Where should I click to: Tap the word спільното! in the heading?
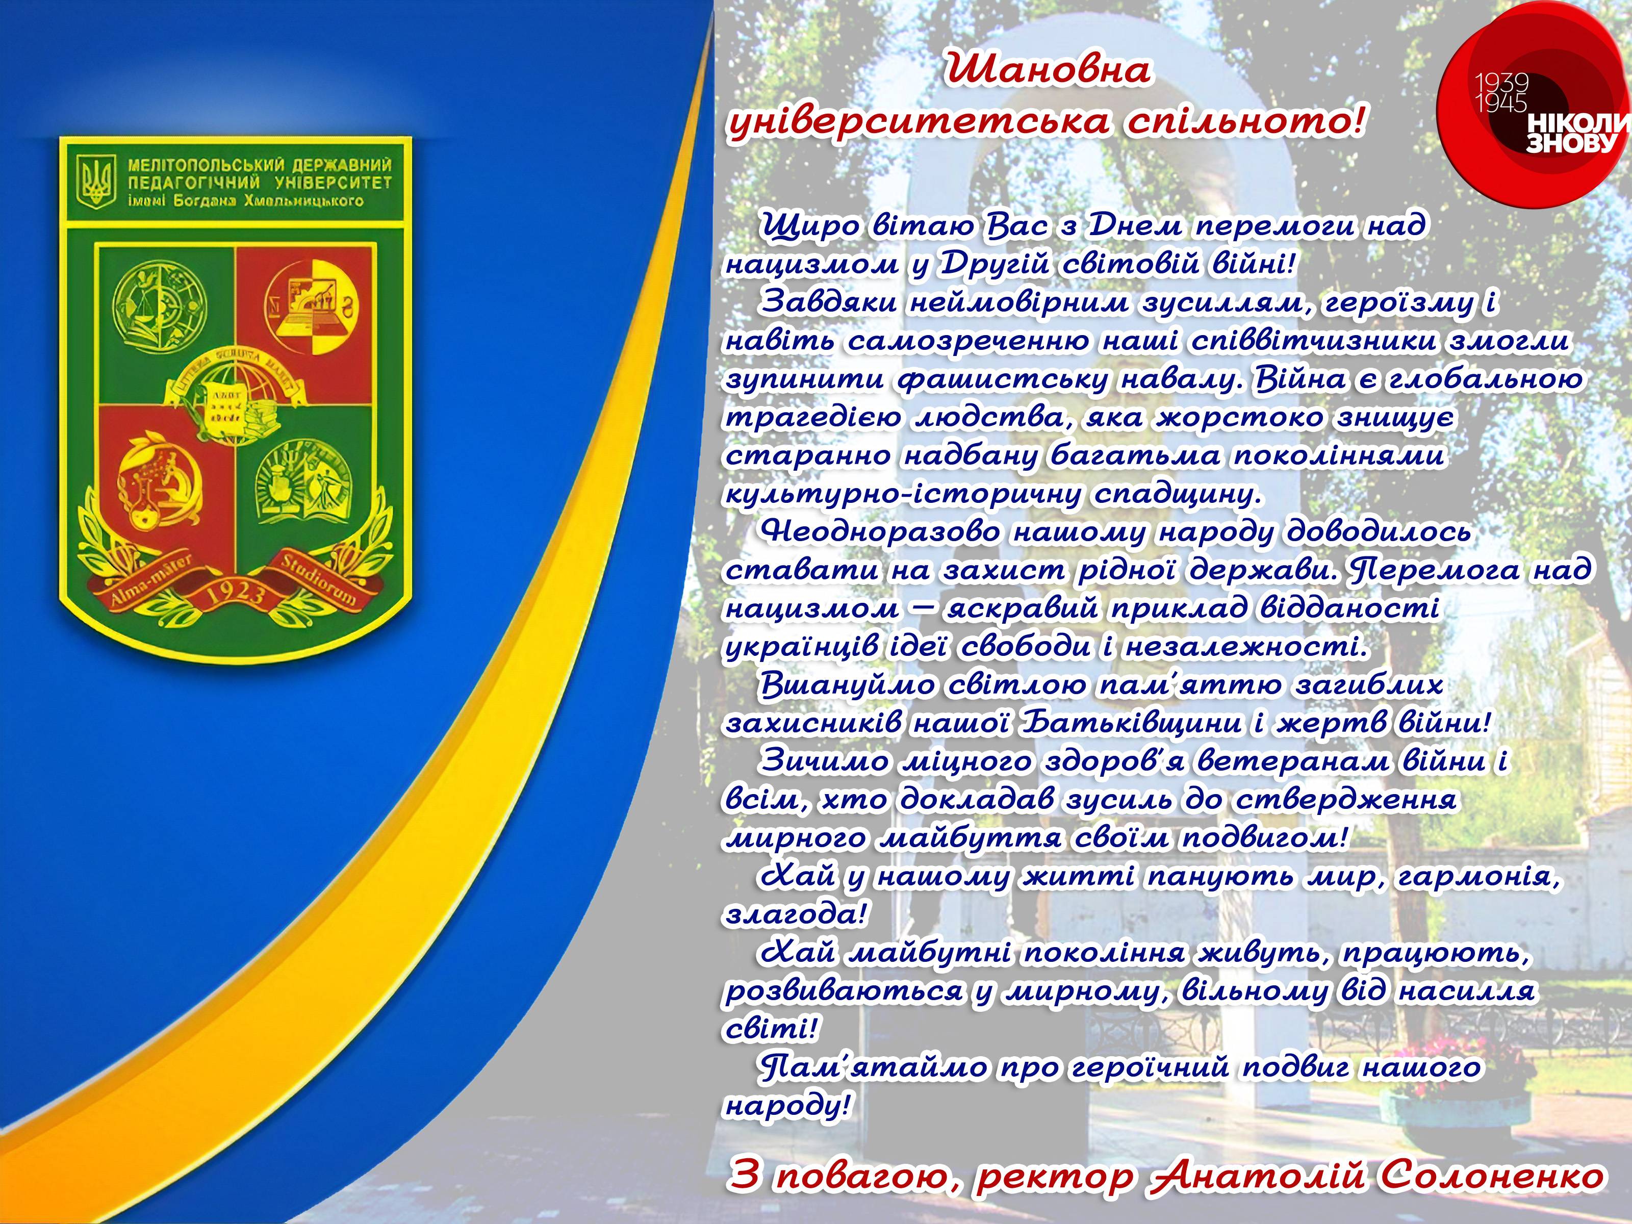[1245, 122]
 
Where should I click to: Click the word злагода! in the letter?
[795, 915]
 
